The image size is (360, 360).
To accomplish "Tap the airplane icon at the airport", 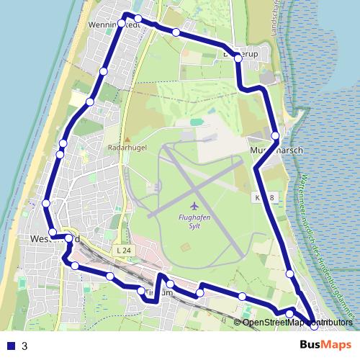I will click(x=195, y=205).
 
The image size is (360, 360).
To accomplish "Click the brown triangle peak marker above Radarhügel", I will click(x=127, y=139).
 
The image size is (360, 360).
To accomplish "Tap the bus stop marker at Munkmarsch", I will click(x=275, y=135).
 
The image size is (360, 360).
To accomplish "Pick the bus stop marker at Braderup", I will click(x=238, y=58).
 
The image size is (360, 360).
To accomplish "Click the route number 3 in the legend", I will click(x=24, y=346).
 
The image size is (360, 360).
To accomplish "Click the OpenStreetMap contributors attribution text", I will click(x=296, y=322).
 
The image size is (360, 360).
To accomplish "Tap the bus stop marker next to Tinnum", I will click(x=141, y=291).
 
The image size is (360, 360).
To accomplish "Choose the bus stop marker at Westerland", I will click(x=69, y=238).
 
